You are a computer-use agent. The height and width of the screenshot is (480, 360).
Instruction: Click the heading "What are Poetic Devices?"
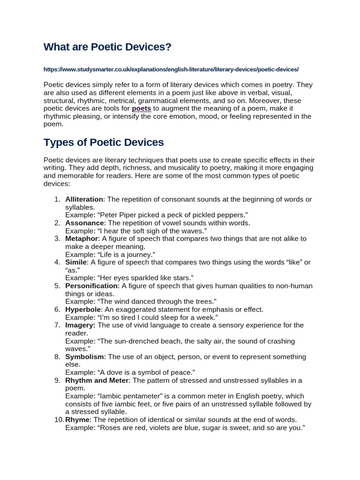coord(107,47)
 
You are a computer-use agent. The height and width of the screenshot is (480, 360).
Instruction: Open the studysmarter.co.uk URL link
coord(171,69)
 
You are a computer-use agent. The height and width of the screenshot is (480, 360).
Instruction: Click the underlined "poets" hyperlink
coord(141,108)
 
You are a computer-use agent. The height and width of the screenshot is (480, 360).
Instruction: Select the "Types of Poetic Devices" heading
coord(104,142)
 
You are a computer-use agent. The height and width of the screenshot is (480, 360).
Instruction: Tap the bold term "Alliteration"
coord(84,199)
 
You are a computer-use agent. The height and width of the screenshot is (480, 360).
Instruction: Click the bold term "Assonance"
coord(84,223)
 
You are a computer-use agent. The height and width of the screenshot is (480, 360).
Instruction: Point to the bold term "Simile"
coord(76,262)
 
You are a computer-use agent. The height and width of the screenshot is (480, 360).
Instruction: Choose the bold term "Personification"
coord(91,286)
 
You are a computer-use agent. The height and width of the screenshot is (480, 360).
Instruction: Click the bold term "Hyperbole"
coord(83,309)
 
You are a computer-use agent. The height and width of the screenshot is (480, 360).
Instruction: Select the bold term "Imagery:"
coord(80,325)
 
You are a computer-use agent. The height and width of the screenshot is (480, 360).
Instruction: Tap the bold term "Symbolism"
coord(85,357)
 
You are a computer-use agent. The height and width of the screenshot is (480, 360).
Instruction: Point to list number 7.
coord(57,325)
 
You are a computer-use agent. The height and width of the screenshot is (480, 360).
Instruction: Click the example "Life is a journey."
coord(125,255)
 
